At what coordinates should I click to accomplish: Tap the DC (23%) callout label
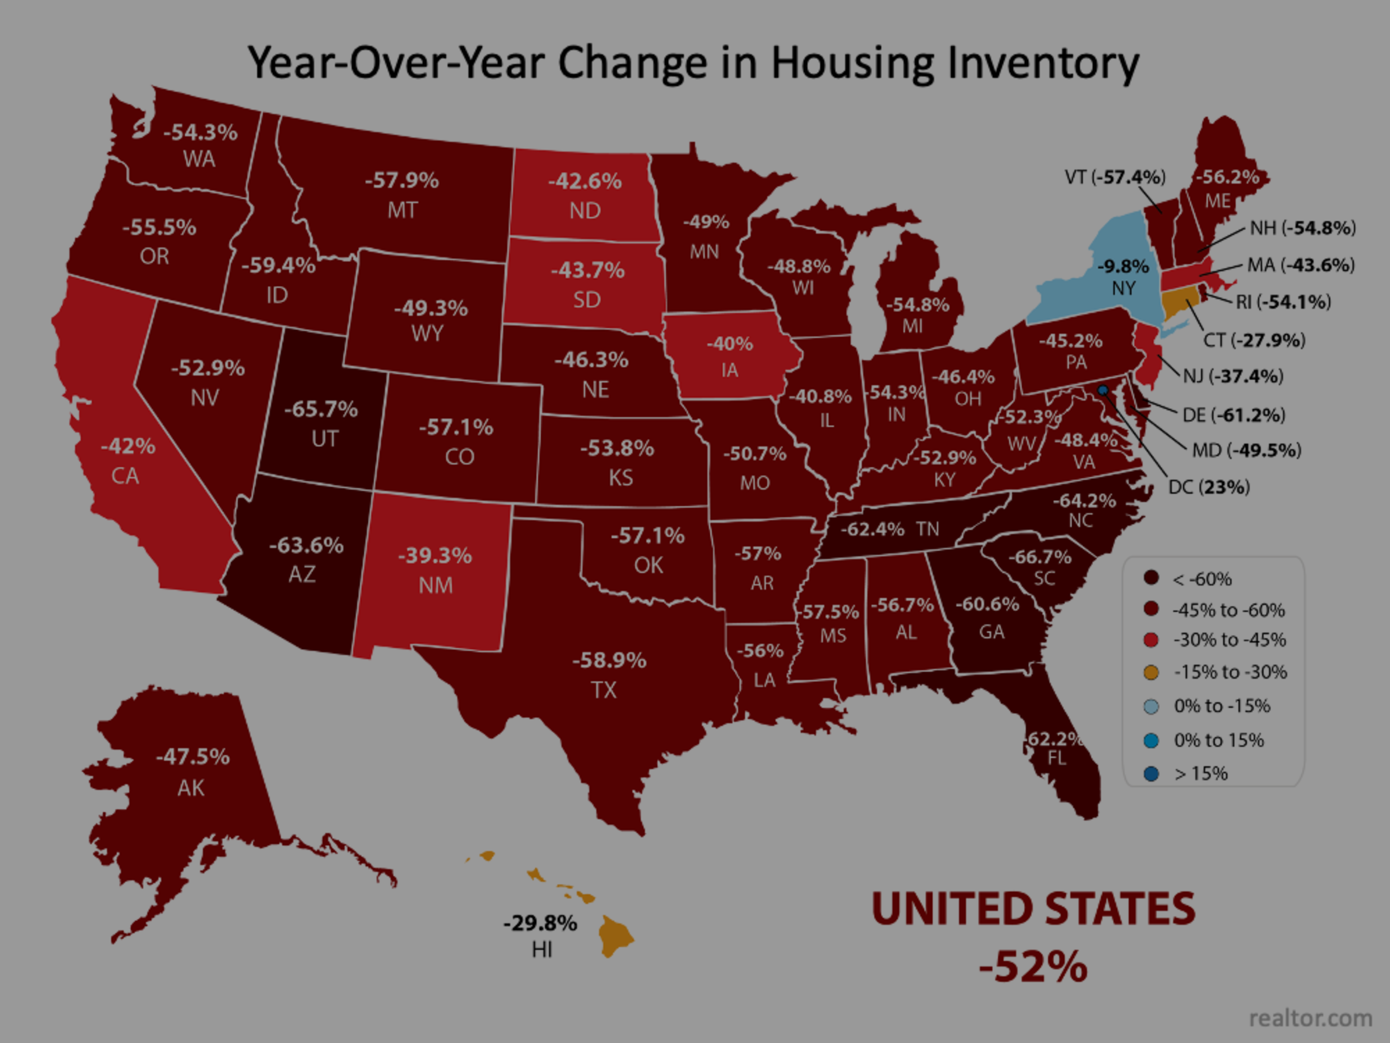[x=1209, y=487]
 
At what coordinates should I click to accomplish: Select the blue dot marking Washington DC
[x=1102, y=391]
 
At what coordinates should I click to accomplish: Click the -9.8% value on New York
[x=1123, y=267]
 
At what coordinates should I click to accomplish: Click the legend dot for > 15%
[x=1151, y=774]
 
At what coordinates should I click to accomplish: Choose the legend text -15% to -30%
[x=1230, y=672]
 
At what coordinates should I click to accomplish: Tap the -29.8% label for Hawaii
[x=540, y=923]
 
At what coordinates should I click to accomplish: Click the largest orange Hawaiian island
[x=615, y=935]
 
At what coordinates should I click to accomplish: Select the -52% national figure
[x=1032, y=966]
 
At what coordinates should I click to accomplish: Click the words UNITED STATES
[x=1032, y=909]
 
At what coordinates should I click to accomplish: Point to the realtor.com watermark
[x=1310, y=1018]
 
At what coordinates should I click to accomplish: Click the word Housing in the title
[x=851, y=63]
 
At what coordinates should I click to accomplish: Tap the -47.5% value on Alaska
[x=192, y=756]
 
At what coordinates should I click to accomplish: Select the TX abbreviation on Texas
[x=604, y=690]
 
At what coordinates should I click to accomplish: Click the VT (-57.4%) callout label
[x=1115, y=177]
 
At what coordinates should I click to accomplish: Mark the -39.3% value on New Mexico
[x=434, y=556]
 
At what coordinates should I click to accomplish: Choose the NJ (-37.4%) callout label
[x=1233, y=376]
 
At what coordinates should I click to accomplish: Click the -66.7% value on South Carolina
[x=1039, y=557]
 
